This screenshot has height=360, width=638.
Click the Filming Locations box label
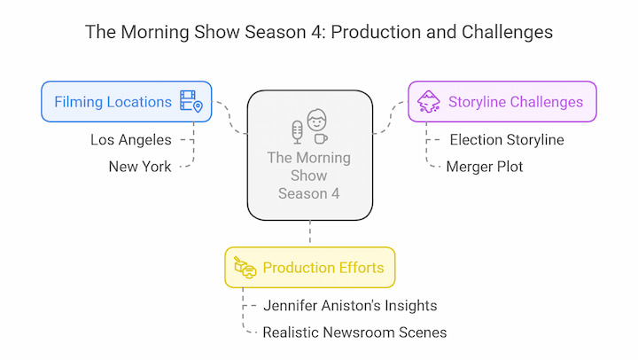(113, 102)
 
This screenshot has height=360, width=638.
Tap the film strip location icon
(191, 101)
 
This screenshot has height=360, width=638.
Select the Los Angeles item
(131, 140)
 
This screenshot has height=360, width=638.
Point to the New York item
(140, 167)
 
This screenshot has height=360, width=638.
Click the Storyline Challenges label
(516, 102)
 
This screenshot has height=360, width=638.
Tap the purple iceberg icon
(429, 101)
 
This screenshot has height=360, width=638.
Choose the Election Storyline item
(507, 140)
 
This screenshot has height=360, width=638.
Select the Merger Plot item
(484, 167)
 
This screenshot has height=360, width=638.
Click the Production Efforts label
(323, 268)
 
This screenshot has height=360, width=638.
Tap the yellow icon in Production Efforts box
(245, 268)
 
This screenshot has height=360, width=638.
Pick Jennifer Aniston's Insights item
(350, 305)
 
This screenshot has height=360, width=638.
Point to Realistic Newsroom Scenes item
(354, 333)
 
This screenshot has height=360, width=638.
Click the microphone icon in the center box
(298, 132)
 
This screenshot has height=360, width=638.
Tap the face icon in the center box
(316, 120)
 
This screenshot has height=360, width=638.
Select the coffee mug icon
(321, 139)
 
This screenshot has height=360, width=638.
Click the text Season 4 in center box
(309, 193)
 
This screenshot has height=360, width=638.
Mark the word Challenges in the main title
(507, 32)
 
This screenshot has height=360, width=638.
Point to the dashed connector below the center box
(310, 232)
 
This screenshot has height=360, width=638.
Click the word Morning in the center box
(323, 158)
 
